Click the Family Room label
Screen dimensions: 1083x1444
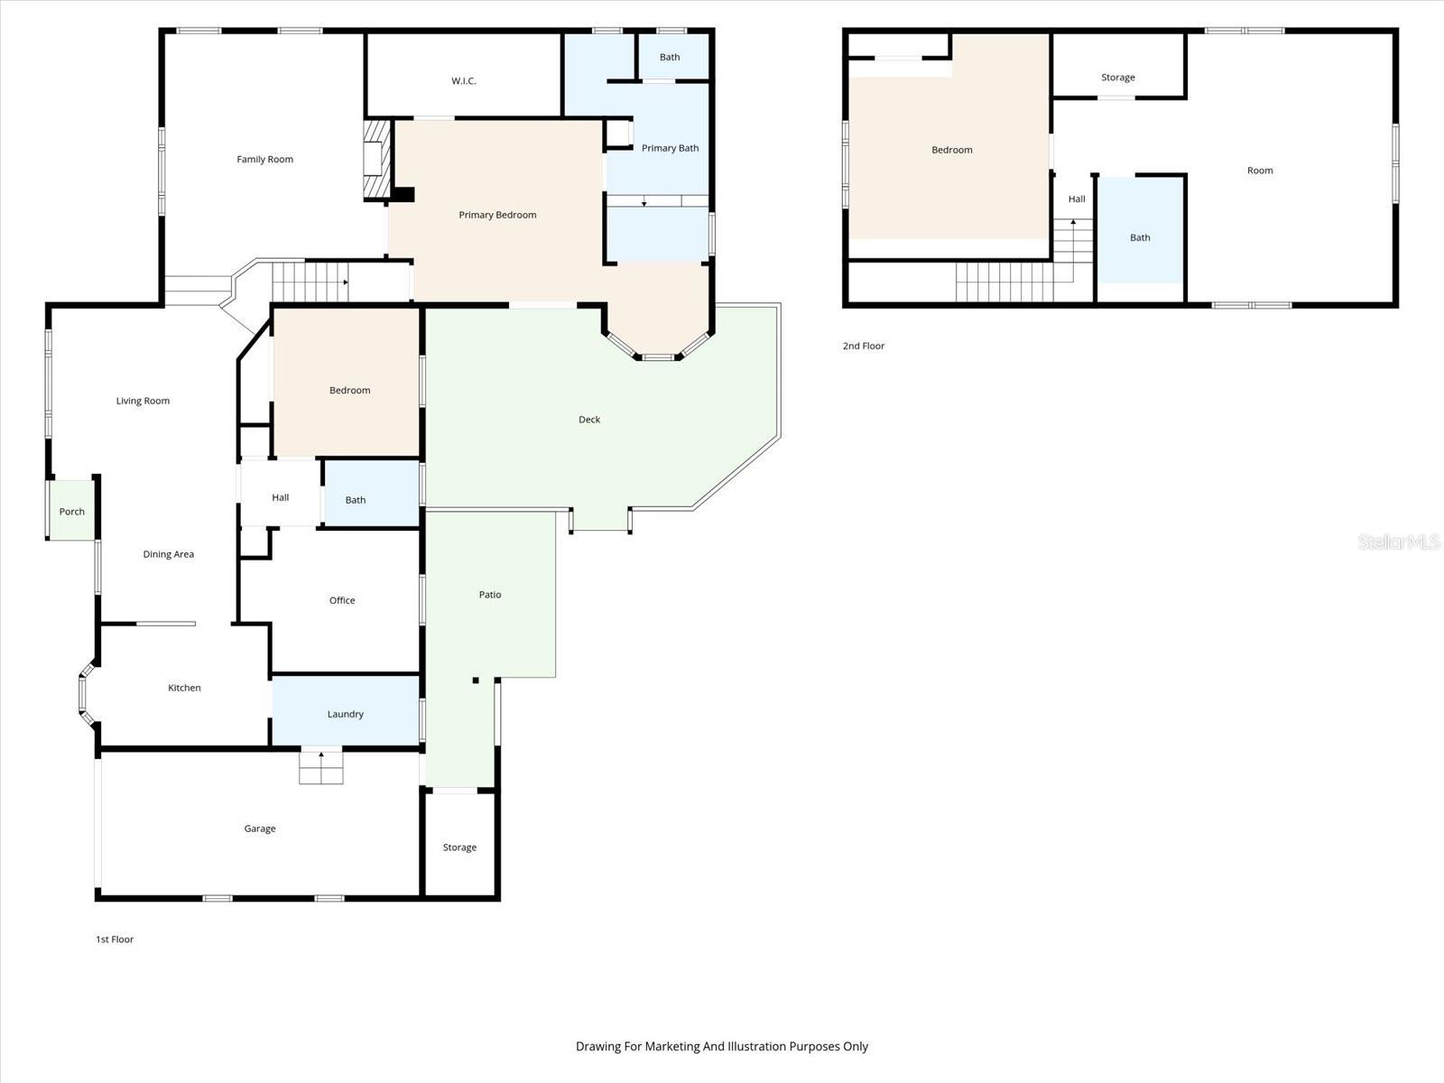264,160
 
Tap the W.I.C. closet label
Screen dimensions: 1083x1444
463,81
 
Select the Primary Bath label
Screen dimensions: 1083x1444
670,148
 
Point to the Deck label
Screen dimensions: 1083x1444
589,420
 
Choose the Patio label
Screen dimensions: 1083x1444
490,595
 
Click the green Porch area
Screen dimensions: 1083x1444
71,511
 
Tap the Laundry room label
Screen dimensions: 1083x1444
345,714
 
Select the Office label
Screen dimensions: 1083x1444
342,600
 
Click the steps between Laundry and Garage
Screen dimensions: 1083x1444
321,766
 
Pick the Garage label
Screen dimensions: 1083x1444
260,828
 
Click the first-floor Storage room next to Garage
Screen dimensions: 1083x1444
459,847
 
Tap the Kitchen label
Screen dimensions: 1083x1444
184,688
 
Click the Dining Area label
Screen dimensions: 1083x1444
169,554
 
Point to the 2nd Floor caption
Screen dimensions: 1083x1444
863,346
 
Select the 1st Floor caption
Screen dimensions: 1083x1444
115,940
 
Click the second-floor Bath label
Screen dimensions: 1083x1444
1140,238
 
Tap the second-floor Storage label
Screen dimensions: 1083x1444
1117,78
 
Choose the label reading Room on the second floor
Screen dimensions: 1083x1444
1260,171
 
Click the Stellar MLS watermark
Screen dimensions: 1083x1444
1399,541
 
